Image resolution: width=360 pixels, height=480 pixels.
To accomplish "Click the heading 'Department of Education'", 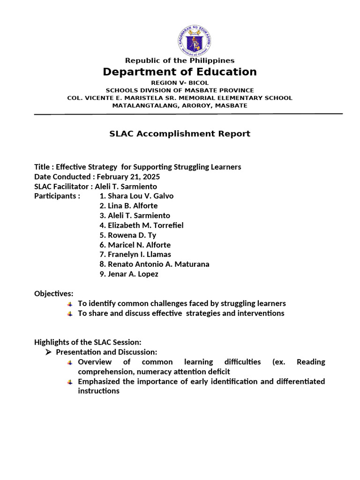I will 180,72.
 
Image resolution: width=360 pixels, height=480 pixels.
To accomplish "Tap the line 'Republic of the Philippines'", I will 180,60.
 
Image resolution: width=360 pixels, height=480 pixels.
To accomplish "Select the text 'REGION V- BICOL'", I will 180,82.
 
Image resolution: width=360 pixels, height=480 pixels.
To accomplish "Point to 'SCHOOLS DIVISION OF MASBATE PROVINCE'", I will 180,90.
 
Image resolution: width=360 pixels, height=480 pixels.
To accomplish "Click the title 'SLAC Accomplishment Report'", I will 180,134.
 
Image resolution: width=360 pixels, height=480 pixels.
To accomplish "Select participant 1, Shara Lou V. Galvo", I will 136,196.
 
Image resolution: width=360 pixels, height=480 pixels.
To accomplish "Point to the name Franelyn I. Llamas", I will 135,255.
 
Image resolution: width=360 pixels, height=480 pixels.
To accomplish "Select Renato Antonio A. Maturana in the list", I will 154,264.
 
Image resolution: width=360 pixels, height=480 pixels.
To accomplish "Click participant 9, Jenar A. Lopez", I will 129,274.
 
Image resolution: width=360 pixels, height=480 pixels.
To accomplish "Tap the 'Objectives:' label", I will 54,293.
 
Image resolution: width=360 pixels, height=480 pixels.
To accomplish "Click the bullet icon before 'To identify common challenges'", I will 70,304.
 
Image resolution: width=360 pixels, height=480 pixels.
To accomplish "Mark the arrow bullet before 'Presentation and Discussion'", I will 48,352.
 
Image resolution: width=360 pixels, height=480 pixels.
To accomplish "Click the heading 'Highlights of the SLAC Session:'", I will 88,342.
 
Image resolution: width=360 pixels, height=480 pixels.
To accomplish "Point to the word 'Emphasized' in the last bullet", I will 99,381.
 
